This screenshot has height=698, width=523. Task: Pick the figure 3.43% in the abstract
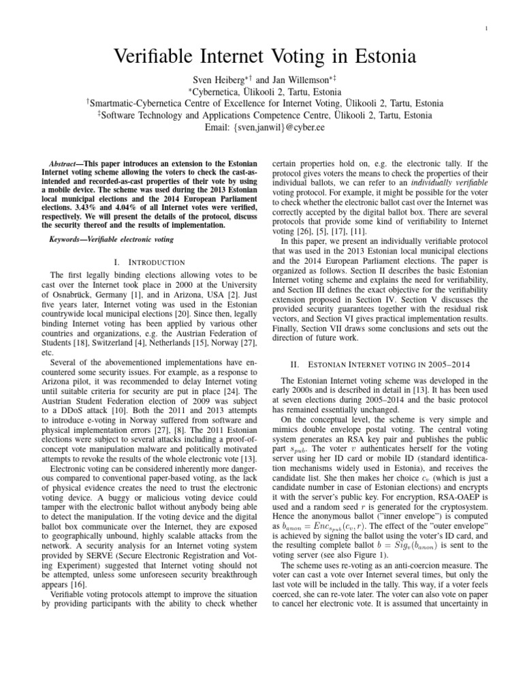77,207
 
